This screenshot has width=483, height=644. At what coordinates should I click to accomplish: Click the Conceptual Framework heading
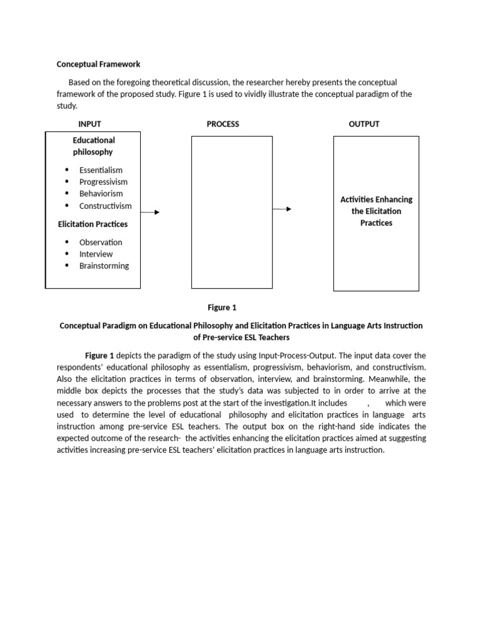(x=99, y=64)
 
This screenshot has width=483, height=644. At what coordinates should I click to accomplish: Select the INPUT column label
(x=89, y=124)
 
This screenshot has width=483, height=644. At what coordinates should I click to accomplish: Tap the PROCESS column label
(x=223, y=124)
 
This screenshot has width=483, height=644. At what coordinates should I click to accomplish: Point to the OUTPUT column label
(x=364, y=124)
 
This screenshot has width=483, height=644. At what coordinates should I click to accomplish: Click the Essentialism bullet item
(x=101, y=170)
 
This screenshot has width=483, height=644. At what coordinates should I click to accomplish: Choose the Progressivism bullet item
(x=103, y=182)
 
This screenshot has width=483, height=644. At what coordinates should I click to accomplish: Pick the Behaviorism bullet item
(x=101, y=194)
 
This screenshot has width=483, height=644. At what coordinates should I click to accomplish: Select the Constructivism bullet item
(x=105, y=206)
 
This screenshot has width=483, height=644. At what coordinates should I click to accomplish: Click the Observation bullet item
(x=101, y=242)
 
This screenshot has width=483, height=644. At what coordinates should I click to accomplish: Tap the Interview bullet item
(x=96, y=254)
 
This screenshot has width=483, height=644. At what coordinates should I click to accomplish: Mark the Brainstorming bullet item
(x=104, y=266)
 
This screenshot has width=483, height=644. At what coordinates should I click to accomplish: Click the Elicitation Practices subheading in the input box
(x=92, y=224)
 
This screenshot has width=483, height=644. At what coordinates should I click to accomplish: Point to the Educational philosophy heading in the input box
(x=93, y=146)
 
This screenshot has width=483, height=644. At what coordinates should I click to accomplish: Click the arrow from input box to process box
(x=150, y=213)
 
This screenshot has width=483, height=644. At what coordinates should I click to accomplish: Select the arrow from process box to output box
(x=282, y=209)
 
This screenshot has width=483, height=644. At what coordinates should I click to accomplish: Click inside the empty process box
(x=231, y=213)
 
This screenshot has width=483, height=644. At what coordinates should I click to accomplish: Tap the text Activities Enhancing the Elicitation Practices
(x=376, y=211)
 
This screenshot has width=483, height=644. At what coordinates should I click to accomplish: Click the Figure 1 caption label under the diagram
(x=222, y=308)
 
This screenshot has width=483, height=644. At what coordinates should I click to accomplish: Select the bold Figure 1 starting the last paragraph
(x=100, y=355)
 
